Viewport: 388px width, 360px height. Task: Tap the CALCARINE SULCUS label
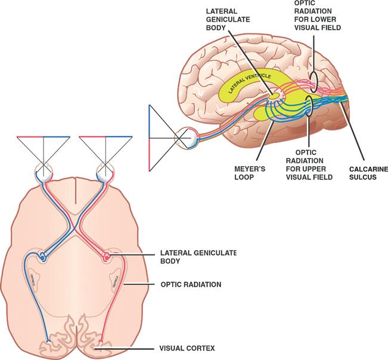367,173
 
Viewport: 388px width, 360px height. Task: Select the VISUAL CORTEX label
187,347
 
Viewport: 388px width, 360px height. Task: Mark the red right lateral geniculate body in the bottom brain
107,257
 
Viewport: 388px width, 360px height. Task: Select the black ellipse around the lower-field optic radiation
313,77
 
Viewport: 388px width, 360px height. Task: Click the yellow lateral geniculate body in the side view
274,95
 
